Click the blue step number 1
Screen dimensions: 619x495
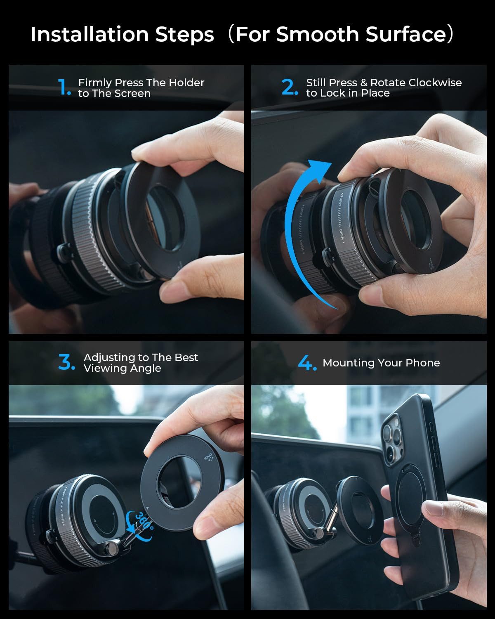(64, 87)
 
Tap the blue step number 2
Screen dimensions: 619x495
(289, 87)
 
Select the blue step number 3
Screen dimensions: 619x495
(66, 362)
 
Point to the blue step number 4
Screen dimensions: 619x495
(307, 363)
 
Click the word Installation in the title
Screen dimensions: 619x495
(89, 34)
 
